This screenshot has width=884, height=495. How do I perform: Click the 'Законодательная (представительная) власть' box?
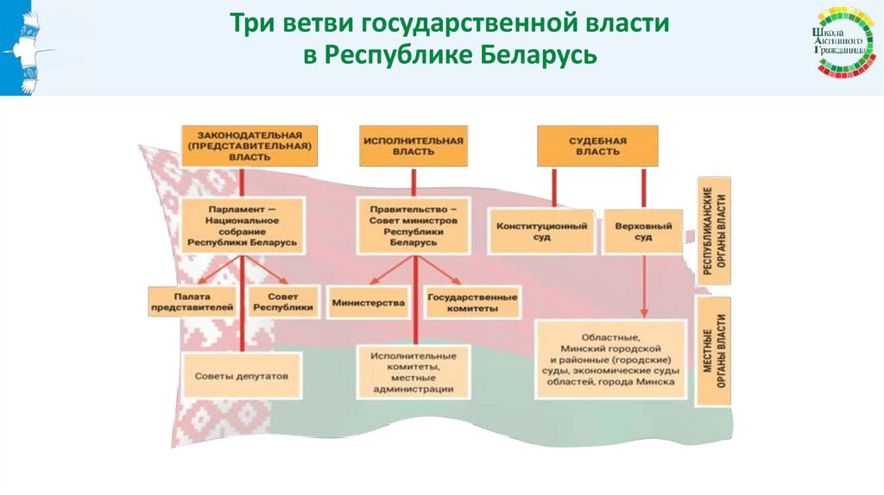pyautogui.click(x=249, y=145)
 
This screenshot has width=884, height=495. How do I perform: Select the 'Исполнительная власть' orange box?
pyautogui.click(x=414, y=145)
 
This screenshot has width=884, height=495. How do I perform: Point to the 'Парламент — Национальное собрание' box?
pyautogui.click(x=243, y=226)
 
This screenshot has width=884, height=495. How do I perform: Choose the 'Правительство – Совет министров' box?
pyautogui.click(x=413, y=226)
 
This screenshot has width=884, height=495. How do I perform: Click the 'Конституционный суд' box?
pyautogui.click(x=541, y=230)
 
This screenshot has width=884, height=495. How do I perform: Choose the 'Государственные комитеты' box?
pyautogui.click(x=473, y=303)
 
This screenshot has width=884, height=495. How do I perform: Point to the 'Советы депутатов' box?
pyautogui.click(x=242, y=376)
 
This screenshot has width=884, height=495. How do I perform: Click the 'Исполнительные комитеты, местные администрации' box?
pyautogui.click(x=413, y=372)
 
